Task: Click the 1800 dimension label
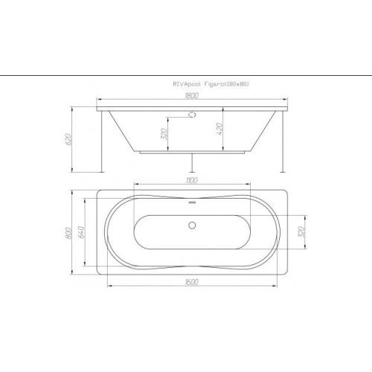coord(193,95)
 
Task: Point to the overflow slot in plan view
coord(192,202)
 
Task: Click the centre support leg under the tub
coord(192,164)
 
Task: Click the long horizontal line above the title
coord(186,76)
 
